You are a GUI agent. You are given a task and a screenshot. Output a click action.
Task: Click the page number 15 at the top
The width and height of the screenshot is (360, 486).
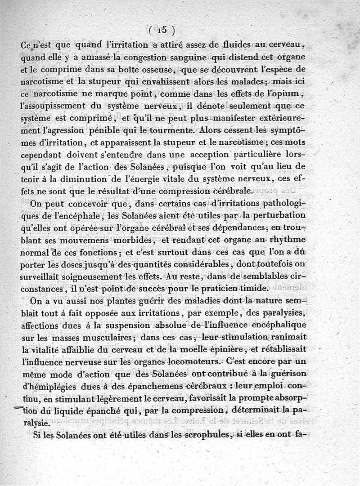[x=162, y=30]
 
